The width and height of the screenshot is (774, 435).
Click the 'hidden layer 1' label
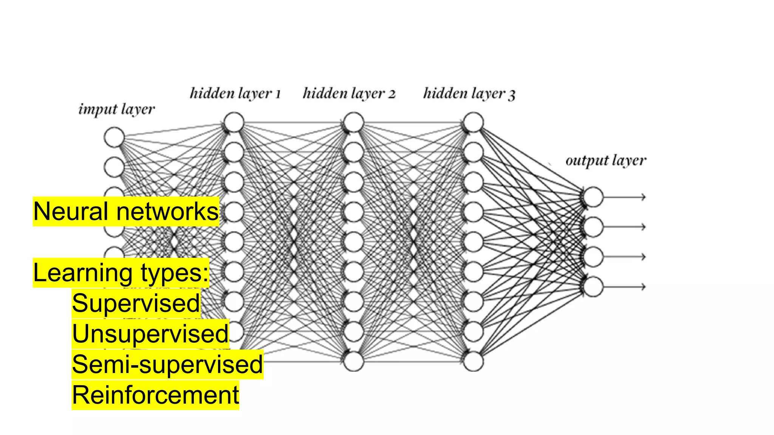coord(235,93)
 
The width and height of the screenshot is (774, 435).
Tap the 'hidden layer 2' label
coord(349,93)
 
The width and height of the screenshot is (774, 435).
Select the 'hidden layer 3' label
coord(469,93)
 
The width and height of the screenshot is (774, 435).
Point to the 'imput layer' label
coord(116,109)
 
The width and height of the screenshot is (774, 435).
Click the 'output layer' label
coord(606,160)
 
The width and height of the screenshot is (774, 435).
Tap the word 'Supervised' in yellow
coord(136,303)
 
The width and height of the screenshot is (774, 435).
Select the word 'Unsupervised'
coord(150,334)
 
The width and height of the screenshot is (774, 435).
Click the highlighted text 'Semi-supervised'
coord(167,364)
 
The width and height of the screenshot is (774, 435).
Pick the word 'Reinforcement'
coord(155,395)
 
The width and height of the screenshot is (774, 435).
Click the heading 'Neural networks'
coord(126,211)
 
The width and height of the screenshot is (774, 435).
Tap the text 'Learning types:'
coord(121,273)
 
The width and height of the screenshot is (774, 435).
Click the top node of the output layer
coord(593,197)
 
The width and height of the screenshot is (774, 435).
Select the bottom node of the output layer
coord(593,286)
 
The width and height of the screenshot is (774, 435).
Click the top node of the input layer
coord(114,137)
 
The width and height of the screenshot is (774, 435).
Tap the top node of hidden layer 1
coord(234,122)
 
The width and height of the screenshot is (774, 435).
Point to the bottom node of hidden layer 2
coord(354,361)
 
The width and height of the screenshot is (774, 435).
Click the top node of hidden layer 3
coord(473,122)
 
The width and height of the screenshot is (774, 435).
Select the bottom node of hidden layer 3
coord(473,361)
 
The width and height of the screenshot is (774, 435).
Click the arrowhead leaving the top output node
coord(643,197)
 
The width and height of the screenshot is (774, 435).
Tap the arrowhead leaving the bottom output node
coord(643,287)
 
